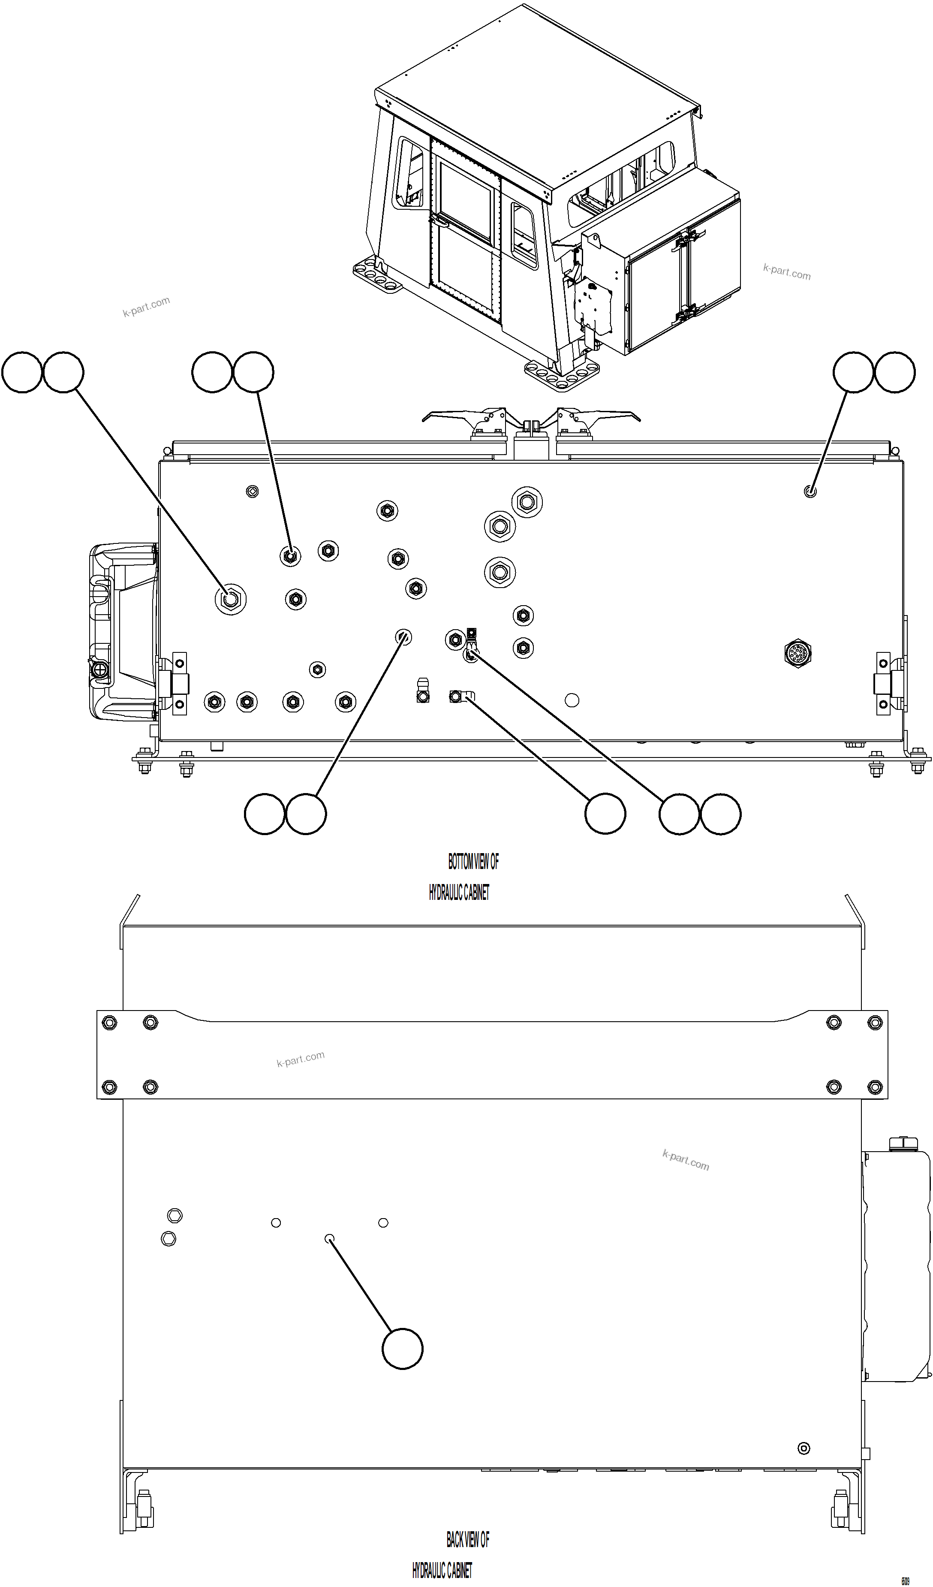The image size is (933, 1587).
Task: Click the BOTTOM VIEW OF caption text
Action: tap(473, 862)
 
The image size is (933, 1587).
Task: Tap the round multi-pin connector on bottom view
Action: tap(798, 653)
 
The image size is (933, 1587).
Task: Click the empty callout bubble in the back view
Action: tap(402, 1349)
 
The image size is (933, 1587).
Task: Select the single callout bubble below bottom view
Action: tap(605, 814)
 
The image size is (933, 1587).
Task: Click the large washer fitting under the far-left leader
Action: tap(230, 599)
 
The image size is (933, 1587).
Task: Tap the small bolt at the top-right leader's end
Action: tap(810, 491)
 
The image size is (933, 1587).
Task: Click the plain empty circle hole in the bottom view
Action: tap(572, 700)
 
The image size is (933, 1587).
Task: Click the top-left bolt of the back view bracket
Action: tap(109, 1022)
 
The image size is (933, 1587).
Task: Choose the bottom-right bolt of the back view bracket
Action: tap(874, 1086)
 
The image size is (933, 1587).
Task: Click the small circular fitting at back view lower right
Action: tap(804, 1448)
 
